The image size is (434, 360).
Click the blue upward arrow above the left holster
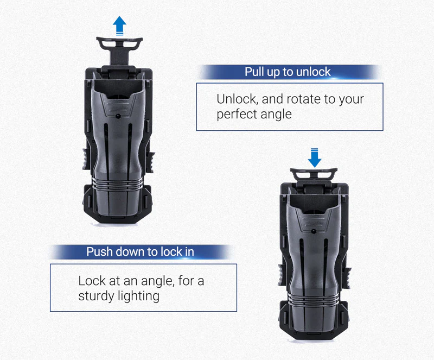point(120,25)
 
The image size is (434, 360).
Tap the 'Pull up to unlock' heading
point(288,72)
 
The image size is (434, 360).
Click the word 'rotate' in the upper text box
point(291,99)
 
